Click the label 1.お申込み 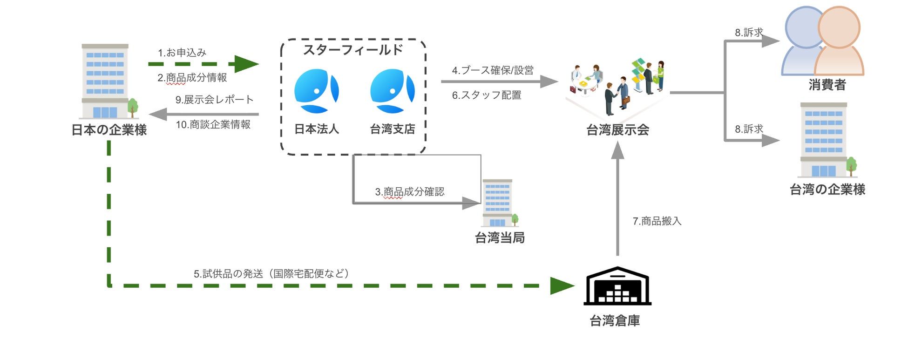pyautogui.click(x=182, y=53)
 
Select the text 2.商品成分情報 pyautogui.click(x=192, y=78)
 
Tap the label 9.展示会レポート pyautogui.click(x=214, y=100)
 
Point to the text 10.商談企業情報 pyautogui.click(x=213, y=125)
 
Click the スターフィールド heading pyautogui.click(x=353, y=49)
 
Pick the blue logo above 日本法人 pyautogui.click(x=316, y=91)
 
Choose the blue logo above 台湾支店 pyautogui.click(x=392, y=91)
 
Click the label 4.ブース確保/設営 pyautogui.click(x=493, y=70)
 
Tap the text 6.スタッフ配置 pyautogui.click(x=487, y=95)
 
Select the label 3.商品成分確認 pyautogui.click(x=410, y=192)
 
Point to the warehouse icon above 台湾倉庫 pyautogui.click(x=617, y=286)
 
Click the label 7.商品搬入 pyautogui.click(x=657, y=221)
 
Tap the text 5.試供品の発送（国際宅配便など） pyautogui.click(x=271, y=274)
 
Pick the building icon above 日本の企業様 pyautogui.click(x=106, y=82)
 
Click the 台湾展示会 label pyautogui.click(x=617, y=130)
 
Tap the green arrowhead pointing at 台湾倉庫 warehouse pyautogui.click(x=562, y=285)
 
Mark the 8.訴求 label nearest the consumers pyautogui.click(x=749, y=33)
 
